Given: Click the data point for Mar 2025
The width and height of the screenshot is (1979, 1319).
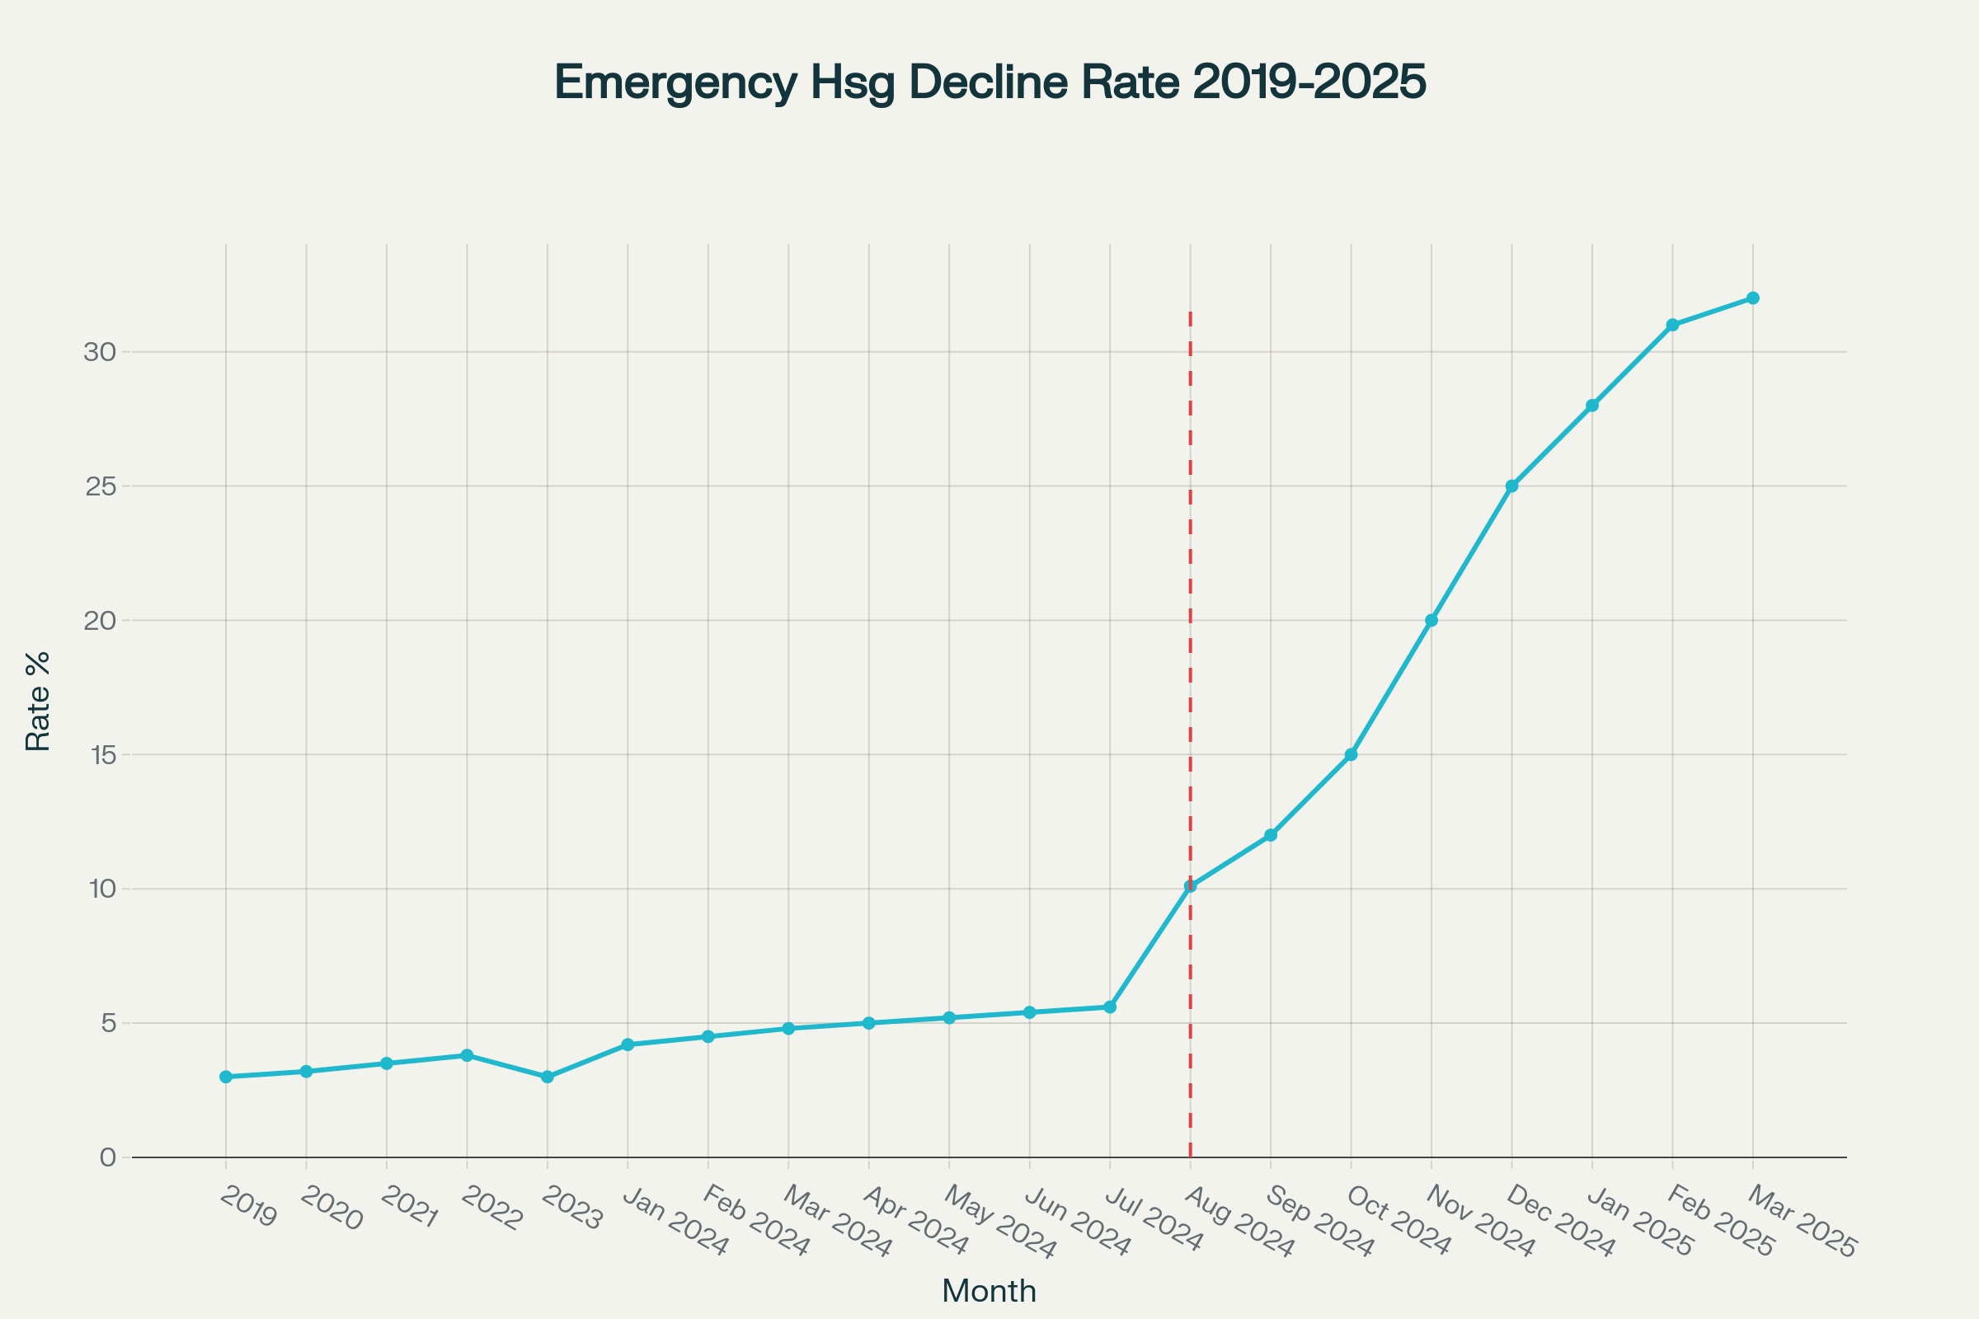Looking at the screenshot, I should tap(1753, 298).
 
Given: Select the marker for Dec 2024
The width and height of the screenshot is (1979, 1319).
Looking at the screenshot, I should tap(1512, 486).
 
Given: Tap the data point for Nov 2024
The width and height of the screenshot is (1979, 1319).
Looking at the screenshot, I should tap(1431, 621).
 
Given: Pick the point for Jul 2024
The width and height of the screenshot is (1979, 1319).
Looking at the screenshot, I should tap(1110, 1007).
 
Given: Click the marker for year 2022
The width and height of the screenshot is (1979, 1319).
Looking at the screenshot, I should tap(467, 1056).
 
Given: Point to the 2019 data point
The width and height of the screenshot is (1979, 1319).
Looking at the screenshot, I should tap(225, 1077).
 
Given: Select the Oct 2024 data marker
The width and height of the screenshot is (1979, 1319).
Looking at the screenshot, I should tap(1351, 754).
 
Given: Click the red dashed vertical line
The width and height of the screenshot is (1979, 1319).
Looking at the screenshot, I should tap(1191, 589).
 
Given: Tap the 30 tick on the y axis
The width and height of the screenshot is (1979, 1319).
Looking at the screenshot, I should tap(99, 352).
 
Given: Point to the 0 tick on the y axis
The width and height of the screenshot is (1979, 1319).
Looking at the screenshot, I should tap(108, 1157).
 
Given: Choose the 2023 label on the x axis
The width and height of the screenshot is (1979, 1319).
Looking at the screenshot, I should tap(572, 1208).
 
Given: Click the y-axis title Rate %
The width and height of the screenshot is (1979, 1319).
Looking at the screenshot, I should tap(38, 701).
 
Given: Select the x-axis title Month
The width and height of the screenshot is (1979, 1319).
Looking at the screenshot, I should tap(989, 1291).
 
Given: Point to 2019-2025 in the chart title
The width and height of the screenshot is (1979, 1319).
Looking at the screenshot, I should tap(1309, 82).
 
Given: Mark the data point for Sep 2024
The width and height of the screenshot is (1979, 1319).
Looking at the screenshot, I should tap(1271, 835).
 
